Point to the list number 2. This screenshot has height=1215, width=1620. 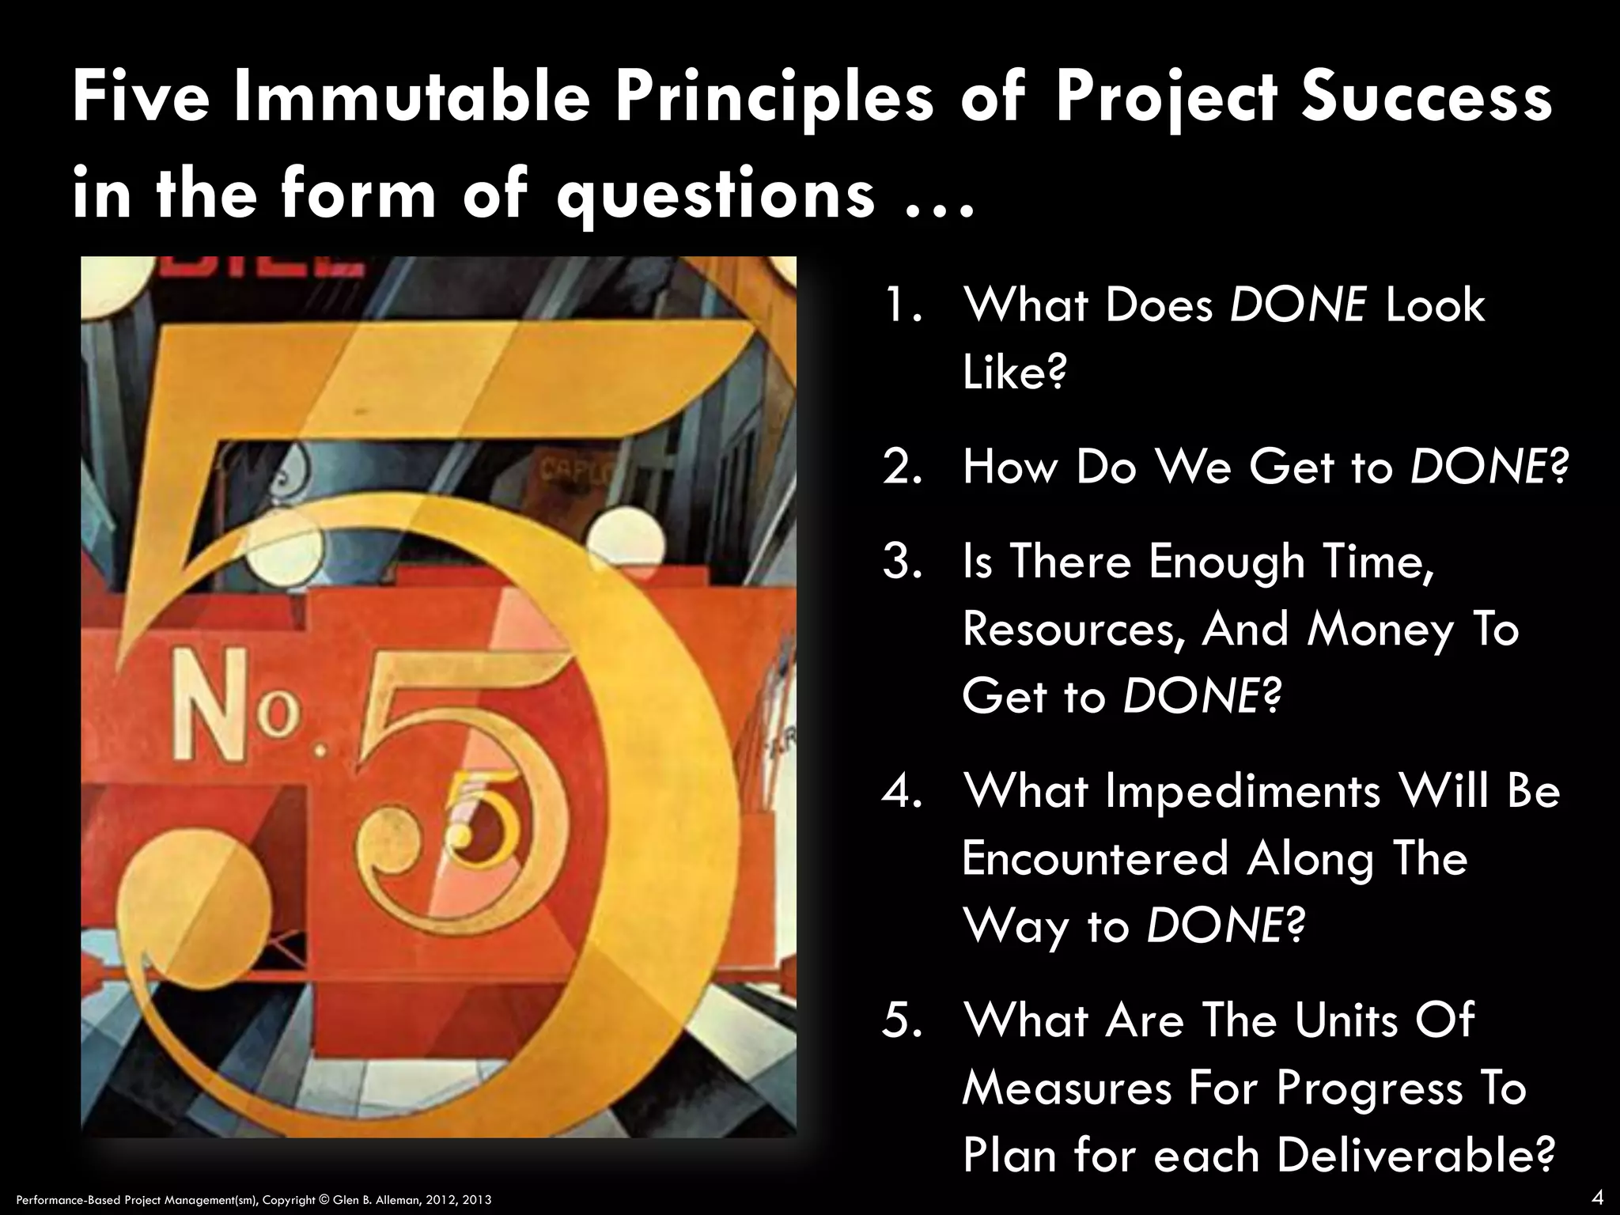click(x=902, y=467)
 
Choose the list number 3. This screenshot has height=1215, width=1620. click(x=902, y=562)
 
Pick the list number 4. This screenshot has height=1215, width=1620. click(x=902, y=791)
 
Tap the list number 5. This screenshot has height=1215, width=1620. click(x=902, y=1020)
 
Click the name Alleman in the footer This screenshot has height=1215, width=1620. click(x=404, y=1200)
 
